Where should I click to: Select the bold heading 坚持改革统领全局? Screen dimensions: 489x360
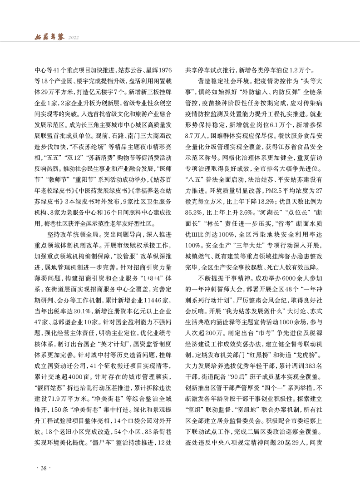tap(73, 233)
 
